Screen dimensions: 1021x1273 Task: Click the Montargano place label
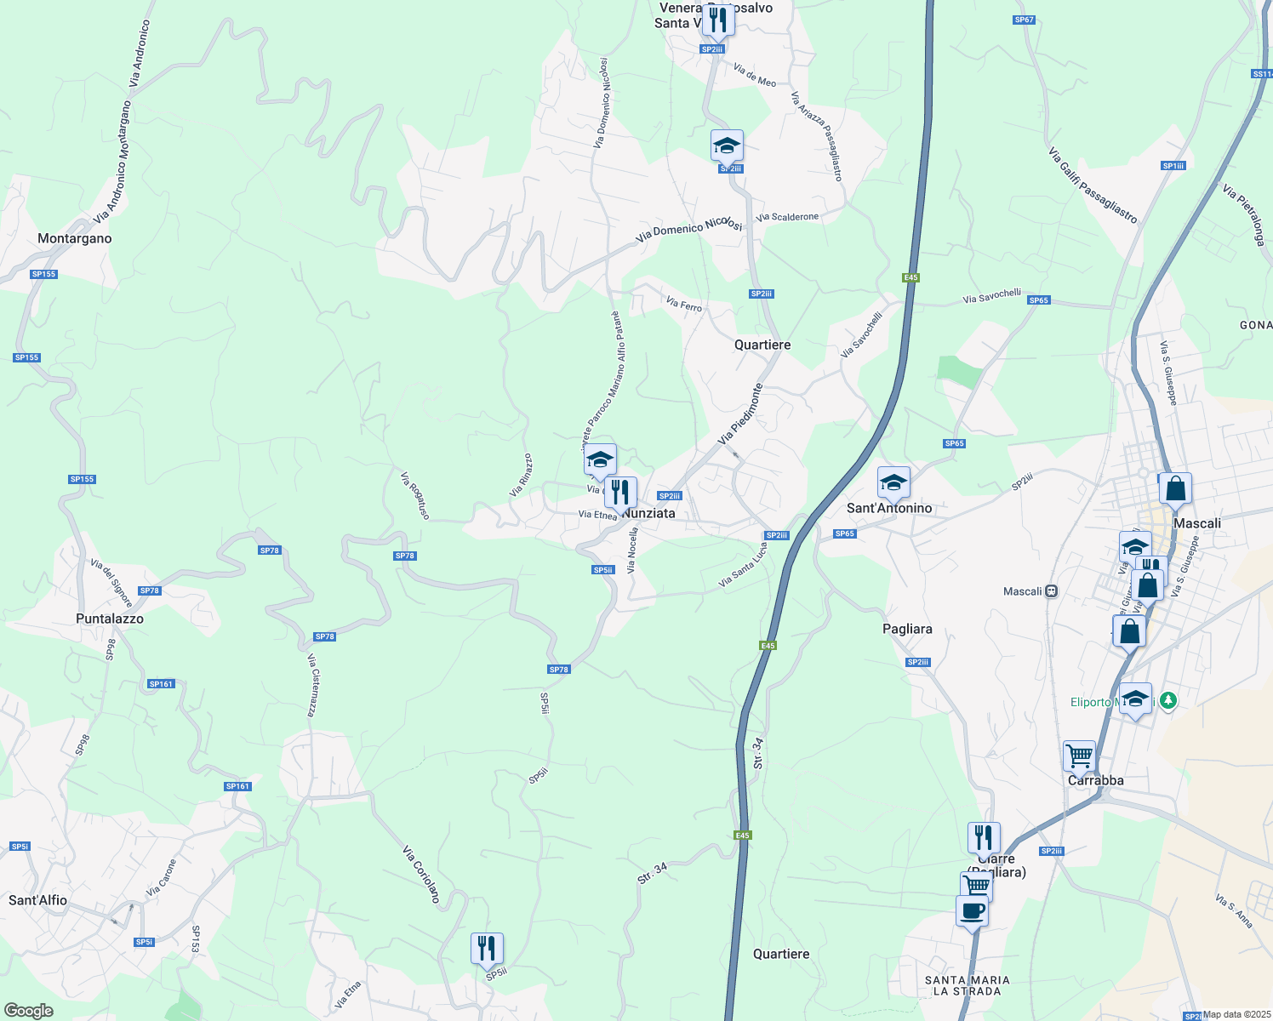click(x=75, y=239)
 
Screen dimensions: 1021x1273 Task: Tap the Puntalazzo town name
click(x=110, y=619)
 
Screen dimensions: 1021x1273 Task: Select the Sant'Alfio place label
click(x=37, y=900)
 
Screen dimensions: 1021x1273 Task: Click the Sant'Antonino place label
click(x=889, y=508)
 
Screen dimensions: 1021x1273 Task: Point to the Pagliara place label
click(x=907, y=629)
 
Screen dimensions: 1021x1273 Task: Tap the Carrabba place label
click(x=1096, y=780)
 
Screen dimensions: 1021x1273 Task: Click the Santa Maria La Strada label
click(x=967, y=986)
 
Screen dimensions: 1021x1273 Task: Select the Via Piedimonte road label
click(x=740, y=414)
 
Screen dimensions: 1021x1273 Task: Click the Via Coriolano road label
click(x=421, y=874)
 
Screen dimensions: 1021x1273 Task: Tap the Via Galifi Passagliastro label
click(x=1093, y=185)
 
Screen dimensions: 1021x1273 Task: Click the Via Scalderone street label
click(x=787, y=217)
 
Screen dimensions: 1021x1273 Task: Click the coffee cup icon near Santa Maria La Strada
click(x=972, y=911)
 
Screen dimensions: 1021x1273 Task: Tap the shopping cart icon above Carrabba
click(x=1079, y=754)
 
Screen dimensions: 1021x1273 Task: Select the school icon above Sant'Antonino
click(x=893, y=482)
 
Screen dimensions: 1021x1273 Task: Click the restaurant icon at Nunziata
click(x=621, y=492)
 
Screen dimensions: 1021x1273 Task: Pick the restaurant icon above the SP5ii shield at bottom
click(x=487, y=948)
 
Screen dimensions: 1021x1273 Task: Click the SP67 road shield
click(x=1025, y=20)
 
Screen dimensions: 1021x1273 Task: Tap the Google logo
click(x=29, y=1011)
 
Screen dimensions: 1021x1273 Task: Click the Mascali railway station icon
click(x=1052, y=591)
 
